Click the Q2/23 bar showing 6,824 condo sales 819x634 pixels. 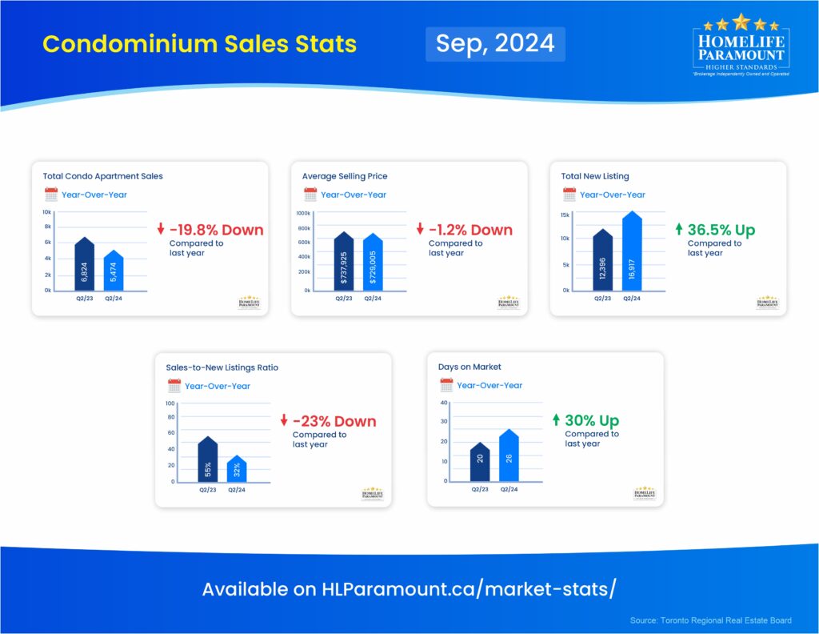point(84,266)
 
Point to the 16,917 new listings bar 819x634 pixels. point(632,252)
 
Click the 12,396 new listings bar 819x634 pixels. point(603,261)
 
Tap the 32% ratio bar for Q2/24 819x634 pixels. point(237,469)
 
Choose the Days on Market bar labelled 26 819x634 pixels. point(509,456)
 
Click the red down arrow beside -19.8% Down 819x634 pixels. point(161,231)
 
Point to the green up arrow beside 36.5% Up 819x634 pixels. point(679,231)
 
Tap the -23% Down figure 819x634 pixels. point(334,422)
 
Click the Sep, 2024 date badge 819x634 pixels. point(495,43)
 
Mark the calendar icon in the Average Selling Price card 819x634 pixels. point(310,195)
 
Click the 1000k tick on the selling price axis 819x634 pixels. point(303,214)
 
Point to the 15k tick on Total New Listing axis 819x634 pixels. point(565,215)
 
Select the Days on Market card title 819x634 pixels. point(469,367)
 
